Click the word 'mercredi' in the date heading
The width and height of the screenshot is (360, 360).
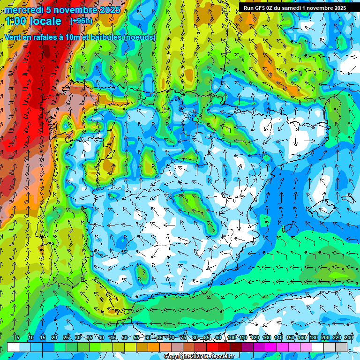[x=22, y=10]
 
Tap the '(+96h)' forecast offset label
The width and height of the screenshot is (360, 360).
[x=81, y=21]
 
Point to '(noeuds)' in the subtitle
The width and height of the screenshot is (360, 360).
[x=140, y=37]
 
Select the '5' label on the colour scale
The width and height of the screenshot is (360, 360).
[x=18, y=337]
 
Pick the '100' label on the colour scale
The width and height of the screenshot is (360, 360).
[x=232, y=337]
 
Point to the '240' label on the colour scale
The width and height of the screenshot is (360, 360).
[x=349, y=337]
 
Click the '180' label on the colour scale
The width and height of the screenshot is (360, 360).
[x=314, y=337]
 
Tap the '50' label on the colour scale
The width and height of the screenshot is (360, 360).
[x=125, y=337]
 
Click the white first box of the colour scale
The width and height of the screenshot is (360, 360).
[x=13, y=347]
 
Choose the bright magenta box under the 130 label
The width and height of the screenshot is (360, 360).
[x=271, y=347]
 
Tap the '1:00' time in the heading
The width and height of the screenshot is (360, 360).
[x=16, y=21]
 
